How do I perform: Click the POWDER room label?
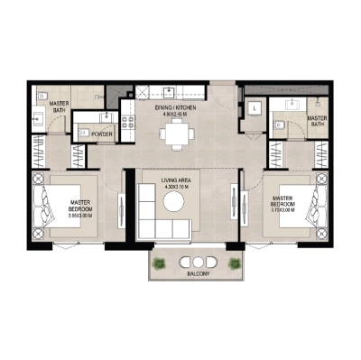101,134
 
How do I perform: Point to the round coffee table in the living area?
173,203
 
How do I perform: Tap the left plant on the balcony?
160,263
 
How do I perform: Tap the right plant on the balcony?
235,263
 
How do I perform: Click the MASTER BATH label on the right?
317,122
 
